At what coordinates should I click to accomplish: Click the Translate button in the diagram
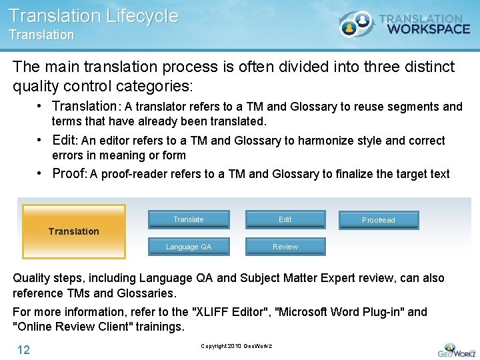(x=189, y=219)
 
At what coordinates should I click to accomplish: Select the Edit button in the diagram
(x=285, y=219)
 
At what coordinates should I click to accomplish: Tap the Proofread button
(x=379, y=220)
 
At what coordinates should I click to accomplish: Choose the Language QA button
(x=189, y=247)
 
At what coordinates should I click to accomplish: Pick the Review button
(x=285, y=247)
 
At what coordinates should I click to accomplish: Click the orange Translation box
(x=74, y=231)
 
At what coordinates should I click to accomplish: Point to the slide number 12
(x=23, y=350)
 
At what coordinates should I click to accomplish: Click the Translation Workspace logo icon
(x=356, y=25)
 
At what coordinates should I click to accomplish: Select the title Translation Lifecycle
(x=94, y=16)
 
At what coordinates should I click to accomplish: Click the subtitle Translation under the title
(x=41, y=35)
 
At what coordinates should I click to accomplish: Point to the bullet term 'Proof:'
(x=69, y=173)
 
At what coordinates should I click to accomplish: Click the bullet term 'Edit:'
(x=65, y=140)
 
